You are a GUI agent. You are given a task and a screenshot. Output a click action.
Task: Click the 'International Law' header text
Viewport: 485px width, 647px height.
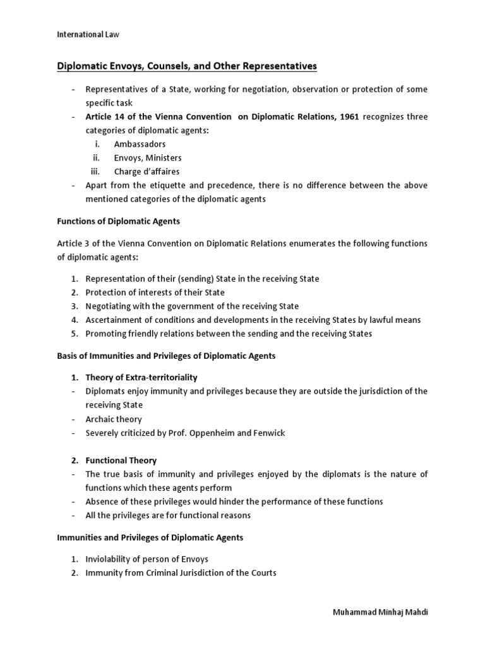(x=88, y=35)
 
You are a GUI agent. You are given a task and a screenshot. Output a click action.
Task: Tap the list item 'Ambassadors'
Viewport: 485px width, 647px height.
(x=140, y=144)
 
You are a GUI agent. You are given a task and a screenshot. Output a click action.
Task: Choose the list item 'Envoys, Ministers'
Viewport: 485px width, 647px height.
(x=148, y=158)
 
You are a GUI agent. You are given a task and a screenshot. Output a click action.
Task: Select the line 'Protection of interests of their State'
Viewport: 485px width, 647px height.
(x=155, y=293)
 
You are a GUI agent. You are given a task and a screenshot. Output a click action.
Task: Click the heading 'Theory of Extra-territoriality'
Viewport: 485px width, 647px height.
(x=141, y=377)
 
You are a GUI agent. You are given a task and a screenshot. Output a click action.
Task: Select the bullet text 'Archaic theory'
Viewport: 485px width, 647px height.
(x=114, y=419)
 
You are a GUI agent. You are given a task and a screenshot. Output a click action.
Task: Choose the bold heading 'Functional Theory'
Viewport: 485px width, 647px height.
(x=121, y=461)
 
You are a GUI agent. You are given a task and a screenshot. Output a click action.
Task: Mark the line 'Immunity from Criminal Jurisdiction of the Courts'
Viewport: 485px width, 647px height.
(x=181, y=573)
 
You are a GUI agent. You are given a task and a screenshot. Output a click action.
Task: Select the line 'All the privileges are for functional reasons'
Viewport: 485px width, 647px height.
(x=168, y=515)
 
